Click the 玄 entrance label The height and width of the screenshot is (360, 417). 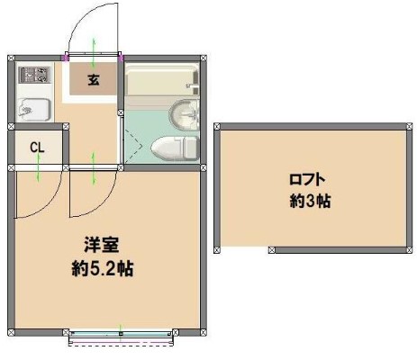click(95, 80)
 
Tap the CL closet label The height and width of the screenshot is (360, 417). click(37, 148)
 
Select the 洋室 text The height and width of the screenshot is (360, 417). click(103, 244)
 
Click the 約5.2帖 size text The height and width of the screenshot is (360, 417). click(103, 267)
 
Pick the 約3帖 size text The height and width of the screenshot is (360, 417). click(310, 201)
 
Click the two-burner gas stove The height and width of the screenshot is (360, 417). click(33, 74)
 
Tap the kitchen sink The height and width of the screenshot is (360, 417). click(32, 109)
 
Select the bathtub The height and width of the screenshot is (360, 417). click(160, 83)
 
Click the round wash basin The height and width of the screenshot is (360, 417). click(184, 115)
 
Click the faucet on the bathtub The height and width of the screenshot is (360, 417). click(191, 87)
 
